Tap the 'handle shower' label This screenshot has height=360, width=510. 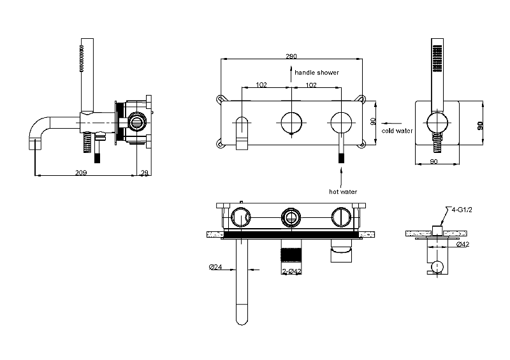coord(317,73)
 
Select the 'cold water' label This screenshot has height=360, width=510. coord(397,131)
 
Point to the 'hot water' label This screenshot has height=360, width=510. coord(343,191)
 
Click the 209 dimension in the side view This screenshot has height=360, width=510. coord(81,172)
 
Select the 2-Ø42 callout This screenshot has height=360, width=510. coord(291,271)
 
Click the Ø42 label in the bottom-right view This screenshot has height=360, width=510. coord(464,244)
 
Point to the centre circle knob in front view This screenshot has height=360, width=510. coord(291,120)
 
